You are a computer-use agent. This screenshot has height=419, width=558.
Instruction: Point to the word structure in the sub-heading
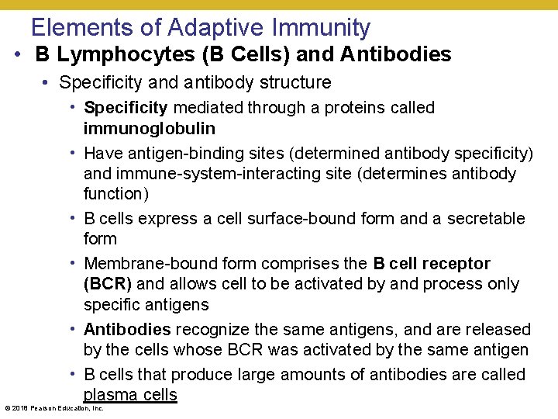point(295,82)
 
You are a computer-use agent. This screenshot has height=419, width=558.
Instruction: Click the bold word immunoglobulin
point(150,128)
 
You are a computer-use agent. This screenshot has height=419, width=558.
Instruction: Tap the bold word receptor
point(451,264)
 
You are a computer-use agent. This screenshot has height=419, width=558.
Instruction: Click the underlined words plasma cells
point(130,395)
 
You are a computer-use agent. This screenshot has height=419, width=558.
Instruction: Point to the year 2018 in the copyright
point(19,408)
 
